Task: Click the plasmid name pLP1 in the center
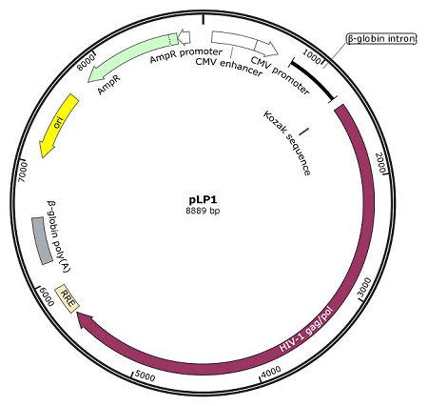[203, 200]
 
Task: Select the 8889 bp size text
[203, 211]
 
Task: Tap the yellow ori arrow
[58, 126]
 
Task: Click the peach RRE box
[67, 298]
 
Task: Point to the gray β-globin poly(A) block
[42, 240]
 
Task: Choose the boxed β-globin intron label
[381, 39]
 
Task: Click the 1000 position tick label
[312, 56]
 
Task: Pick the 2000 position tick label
[381, 161]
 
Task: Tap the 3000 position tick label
[364, 287]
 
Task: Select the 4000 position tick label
[271, 371]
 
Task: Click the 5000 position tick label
[145, 376]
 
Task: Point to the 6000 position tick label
[47, 296]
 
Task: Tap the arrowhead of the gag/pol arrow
[85, 320]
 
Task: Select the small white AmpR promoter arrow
[184, 36]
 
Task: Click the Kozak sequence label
[286, 143]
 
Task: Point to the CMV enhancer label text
[228, 66]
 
